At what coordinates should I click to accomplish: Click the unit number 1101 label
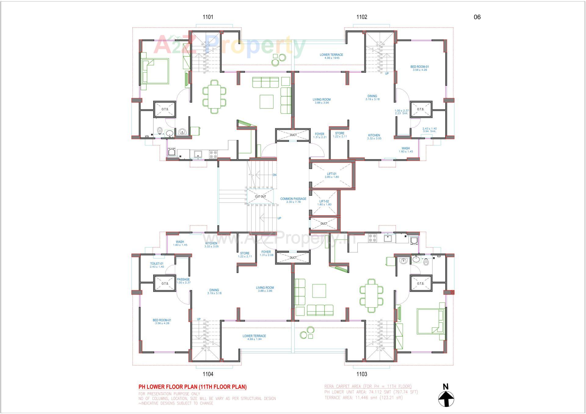[x=208, y=17]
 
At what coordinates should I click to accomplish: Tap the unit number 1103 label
[x=362, y=374]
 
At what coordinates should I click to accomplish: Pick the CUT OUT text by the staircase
[x=260, y=197]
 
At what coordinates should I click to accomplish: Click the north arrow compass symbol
[x=446, y=398]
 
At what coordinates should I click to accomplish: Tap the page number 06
[x=477, y=17]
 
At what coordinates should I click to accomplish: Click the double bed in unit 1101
[x=156, y=71]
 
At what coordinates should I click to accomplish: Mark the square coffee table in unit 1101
[x=266, y=102]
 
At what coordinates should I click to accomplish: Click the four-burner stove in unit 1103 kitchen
[x=372, y=238]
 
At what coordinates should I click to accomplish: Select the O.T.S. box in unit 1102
[x=421, y=109]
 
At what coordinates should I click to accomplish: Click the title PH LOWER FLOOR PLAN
[x=193, y=387]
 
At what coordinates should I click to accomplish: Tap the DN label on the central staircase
[x=274, y=175]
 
